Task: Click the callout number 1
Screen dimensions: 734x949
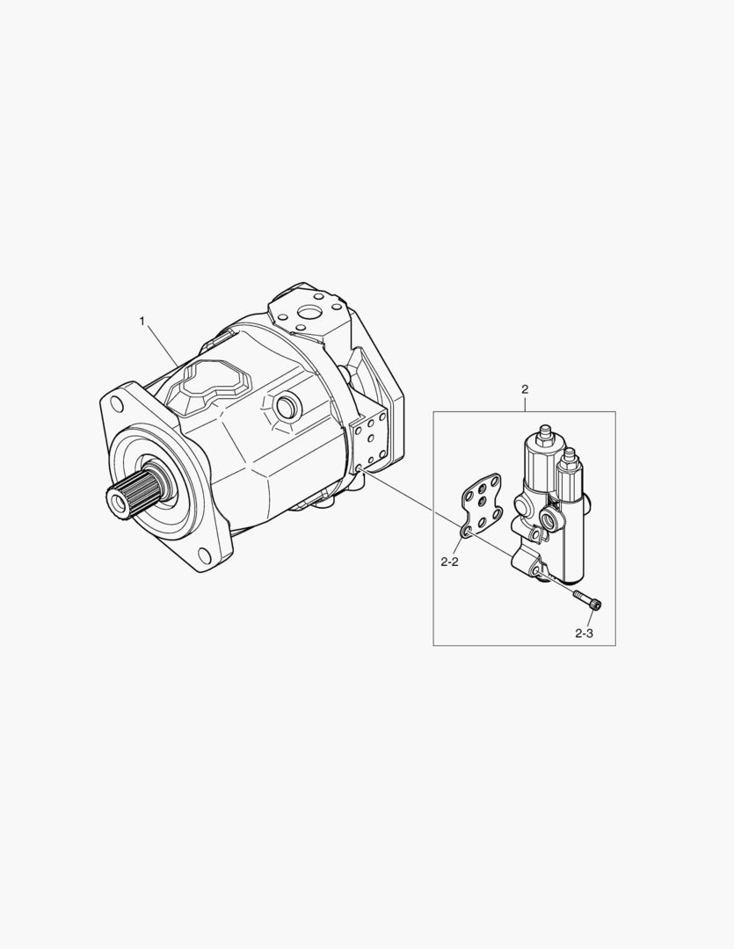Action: tap(142, 321)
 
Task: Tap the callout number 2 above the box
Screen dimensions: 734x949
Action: tap(525, 388)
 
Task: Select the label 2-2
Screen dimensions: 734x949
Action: tap(449, 562)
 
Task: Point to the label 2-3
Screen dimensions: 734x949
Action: tap(584, 634)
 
